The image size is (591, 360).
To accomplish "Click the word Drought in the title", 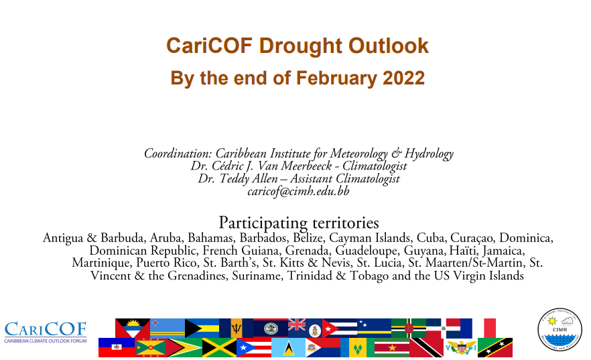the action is (300, 46).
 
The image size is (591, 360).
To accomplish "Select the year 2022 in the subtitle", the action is (403, 78).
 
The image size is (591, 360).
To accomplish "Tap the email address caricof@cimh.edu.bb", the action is (298, 192).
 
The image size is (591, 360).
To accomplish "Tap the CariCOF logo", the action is (46, 332).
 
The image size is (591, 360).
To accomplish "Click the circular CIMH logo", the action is (560, 329).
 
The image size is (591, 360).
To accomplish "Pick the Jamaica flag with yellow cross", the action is (219, 347).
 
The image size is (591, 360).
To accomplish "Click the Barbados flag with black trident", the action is (236, 328).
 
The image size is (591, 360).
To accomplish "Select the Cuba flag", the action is (340, 328).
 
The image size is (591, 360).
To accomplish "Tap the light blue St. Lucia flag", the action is (288, 347).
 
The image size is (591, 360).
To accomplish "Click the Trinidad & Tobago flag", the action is (426, 347).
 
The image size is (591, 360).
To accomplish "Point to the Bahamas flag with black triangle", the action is (202, 328).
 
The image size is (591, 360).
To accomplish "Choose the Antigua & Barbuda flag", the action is (133, 328).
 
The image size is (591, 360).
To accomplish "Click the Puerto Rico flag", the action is (254, 347).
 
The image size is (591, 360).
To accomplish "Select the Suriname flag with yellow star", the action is (392, 347).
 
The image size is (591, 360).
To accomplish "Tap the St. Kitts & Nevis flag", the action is (495, 347).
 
